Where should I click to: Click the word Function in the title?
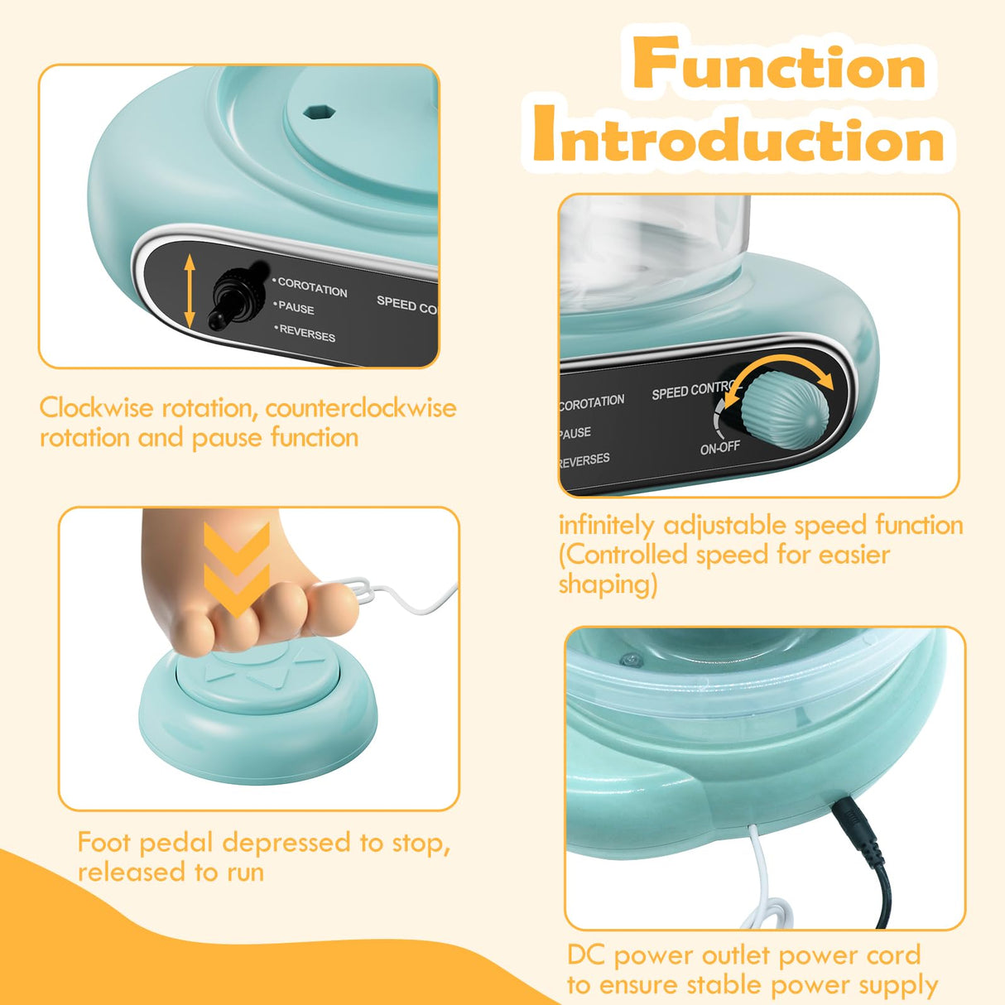pyautogui.click(x=780, y=65)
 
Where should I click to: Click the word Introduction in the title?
pyautogui.click(x=739, y=136)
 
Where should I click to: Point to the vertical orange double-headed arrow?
pyautogui.click(x=190, y=291)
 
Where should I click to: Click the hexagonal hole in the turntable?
pyautogui.click(x=318, y=112)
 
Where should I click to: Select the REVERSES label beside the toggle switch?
pyautogui.click(x=307, y=333)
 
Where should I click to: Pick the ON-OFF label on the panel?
pyautogui.click(x=719, y=448)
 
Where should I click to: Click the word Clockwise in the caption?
pyautogui.click(x=97, y=408)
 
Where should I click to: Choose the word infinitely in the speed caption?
pyautogui.click(x=606, y=526)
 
